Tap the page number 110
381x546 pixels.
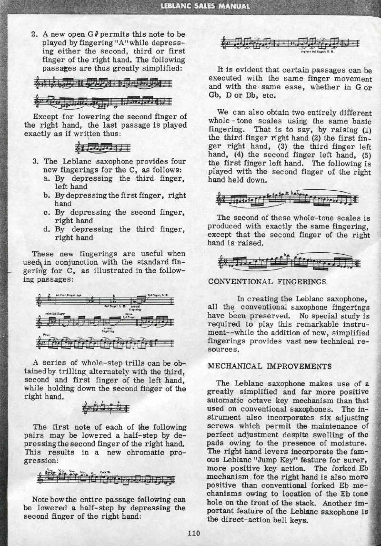tap(195, 533)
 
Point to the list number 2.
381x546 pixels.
tap(34, 34)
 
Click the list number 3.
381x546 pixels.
tap(34, 161)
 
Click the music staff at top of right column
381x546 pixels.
tap(291, 44)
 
